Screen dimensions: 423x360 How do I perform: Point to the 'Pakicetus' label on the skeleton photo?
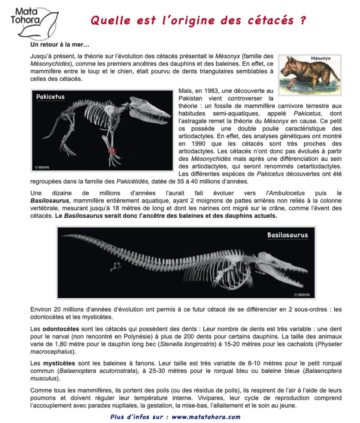[x=50, y=97]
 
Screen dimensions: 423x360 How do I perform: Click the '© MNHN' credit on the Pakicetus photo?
[x=42, y=167]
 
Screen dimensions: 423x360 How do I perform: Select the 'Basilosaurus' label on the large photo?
[x=287, y=235]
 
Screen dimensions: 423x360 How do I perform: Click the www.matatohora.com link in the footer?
[x=206, y=417]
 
